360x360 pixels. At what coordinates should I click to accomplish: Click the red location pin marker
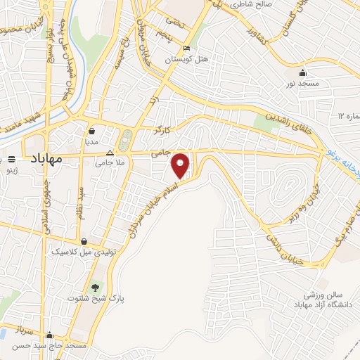pyautogui.click(x=181, y=165)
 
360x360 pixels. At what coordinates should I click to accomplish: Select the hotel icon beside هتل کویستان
pyautogui.click(x=186, y=49)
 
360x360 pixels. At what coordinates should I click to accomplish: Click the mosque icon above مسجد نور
pyautogui.click(x=302, y=72)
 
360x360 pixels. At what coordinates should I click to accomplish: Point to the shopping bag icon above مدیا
pyautogui.click(x=92, y=130)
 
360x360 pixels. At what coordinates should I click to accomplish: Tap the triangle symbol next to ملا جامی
pyautogui.click(x=109, y=153)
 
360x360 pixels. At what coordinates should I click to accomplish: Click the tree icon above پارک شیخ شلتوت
pyautogui.click(x=96, y=287)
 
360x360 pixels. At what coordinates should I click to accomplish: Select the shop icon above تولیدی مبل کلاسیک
pyautogui.click(x=84, y=240)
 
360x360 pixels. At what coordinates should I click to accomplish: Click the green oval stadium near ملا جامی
pyautogui.click(x=126, y=141)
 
